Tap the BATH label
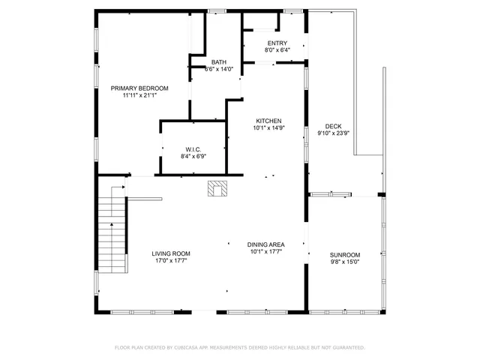click(x=218, y=62)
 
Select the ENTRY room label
click(x=277, y=43)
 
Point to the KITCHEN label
click(x=268, y=121)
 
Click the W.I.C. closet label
click(x=193, y=148)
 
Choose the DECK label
click(x=334, y=126)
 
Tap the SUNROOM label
click(x=345, y=254)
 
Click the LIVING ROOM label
click(x=171, y=253)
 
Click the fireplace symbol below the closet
click(x=217, y=189)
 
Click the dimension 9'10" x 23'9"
click(x=334, y=133)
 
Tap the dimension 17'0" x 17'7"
click(x=171, y=261)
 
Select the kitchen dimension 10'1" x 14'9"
click(x=268, y=128)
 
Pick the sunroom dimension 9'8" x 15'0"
click(x=345, y=262)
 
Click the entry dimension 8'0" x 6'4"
click(x=277, y=51)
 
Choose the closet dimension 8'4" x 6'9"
click(x=193, y=156)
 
